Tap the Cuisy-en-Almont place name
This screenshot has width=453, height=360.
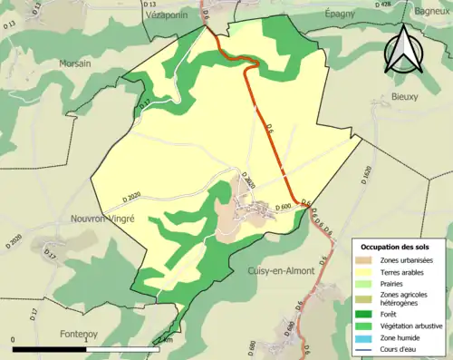coord(280,271)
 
